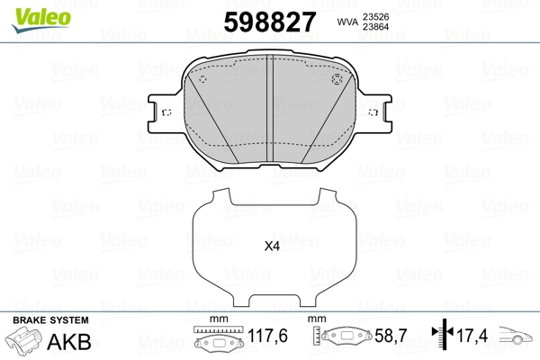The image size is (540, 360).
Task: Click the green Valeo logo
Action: (x=41, y=20)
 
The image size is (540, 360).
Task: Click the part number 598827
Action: (x=270, y=22)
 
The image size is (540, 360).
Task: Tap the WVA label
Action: (x=347, y=22)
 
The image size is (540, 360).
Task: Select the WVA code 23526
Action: (x=375, y=17)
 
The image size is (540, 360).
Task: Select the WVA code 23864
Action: (x=375, y=27)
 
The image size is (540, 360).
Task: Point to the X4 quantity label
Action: (x=272, y=247)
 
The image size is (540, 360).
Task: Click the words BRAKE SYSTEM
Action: (x=50, y=320)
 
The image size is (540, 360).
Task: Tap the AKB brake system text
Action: (x=69, y=342)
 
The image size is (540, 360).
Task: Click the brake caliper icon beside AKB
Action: (x=23, y=339)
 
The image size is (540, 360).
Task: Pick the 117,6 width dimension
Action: (x=267, y=336)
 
